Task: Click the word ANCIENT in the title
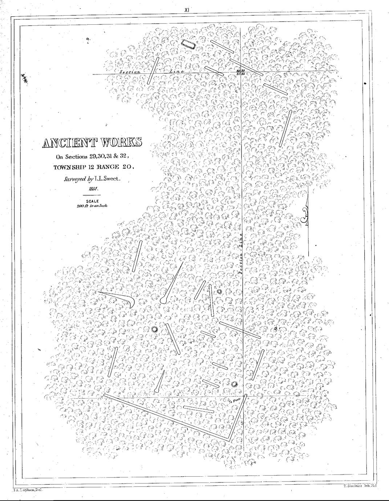coord(68,143)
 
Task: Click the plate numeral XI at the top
coord(187,10)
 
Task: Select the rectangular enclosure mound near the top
coord(189,45)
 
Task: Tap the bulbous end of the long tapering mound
coord(163,301)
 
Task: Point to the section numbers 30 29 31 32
coord(240,72)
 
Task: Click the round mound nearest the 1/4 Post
coord(233,384)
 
